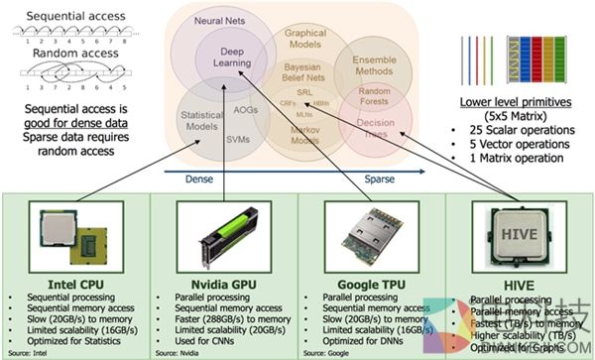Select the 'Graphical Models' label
pos(305,39)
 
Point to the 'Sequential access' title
pos(61,17)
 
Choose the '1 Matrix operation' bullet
pos(526,157)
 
